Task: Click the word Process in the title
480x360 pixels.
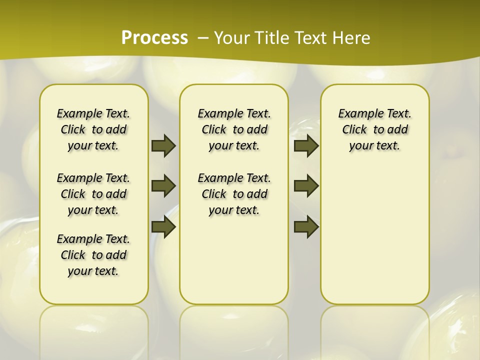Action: (x=154, y=37)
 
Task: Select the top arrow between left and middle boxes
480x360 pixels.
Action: (x=163, y=145)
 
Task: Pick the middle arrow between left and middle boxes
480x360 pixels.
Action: (x=163, y=186)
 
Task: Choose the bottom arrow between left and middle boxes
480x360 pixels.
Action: (x=163, y=227)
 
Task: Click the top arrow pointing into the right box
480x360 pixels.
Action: (x=306, y=145)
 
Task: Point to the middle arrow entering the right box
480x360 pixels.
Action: (x=306, y=186)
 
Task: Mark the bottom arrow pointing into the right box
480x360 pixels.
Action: (x=306, y=227)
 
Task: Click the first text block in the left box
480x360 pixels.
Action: (x=93, y=129)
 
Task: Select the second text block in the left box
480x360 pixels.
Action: (x=93, y=194)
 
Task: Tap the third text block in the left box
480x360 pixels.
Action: (x=93, y=255)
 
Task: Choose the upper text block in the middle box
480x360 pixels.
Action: (x=234, y=129)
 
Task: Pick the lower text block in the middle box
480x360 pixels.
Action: (x=234, y=194)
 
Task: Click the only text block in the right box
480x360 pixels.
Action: (x=374, y=129)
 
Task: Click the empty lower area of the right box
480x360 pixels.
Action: (x=374, y=235)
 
